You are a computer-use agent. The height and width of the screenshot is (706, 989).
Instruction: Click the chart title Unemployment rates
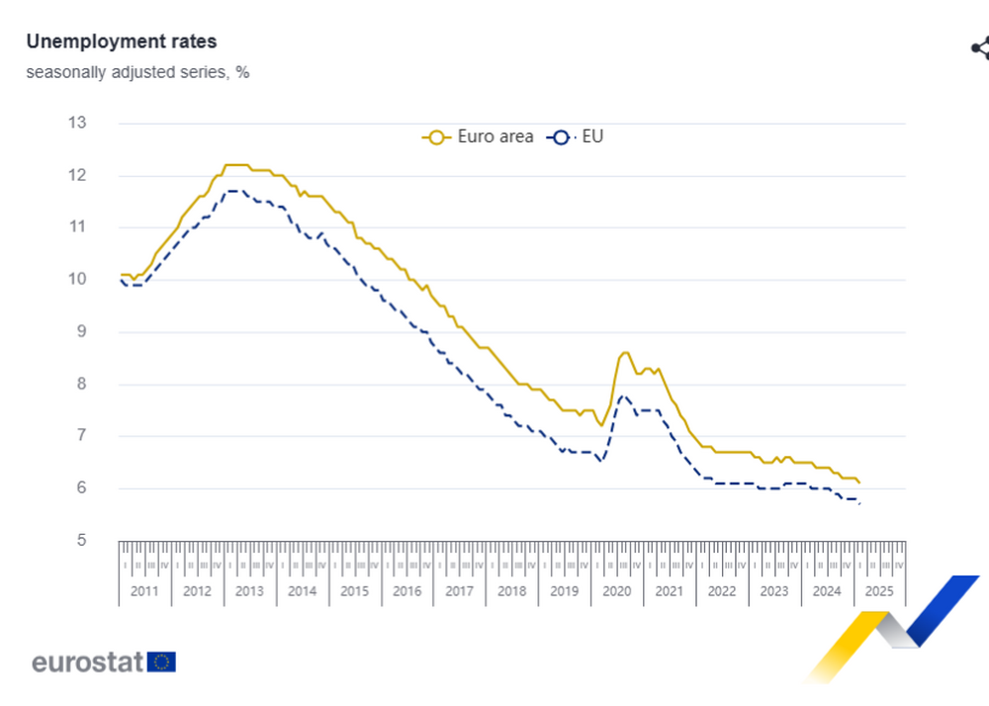point(121,42)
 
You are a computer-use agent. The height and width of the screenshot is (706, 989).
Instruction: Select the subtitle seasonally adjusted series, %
point(137,72)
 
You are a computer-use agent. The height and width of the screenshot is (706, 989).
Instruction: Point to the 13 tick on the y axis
point(76,124)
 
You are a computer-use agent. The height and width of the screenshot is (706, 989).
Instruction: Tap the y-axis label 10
point(76,280)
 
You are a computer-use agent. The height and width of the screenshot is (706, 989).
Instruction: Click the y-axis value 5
point(81,541)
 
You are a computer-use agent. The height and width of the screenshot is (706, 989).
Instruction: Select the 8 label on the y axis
point(81,385)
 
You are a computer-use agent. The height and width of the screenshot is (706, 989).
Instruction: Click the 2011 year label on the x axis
point(144,591)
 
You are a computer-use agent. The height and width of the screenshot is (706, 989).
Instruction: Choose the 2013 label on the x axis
point(249,591)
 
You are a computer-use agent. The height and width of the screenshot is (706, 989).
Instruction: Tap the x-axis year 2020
point(616,591)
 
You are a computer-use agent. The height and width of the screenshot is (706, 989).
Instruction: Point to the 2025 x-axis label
point(878,591)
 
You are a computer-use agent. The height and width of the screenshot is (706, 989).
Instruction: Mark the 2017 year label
point(459,591)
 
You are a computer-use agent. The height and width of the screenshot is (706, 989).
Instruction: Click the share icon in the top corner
point(980,47)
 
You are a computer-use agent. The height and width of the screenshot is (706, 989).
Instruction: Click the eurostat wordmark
point(88,662)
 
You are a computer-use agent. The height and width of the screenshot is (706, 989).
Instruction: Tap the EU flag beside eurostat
point(161,662)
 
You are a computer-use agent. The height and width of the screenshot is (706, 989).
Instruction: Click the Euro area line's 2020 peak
point(625,352)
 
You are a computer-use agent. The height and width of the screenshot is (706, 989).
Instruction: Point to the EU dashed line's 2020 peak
point(623,396)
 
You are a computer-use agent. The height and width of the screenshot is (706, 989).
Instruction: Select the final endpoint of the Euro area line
point(859,483)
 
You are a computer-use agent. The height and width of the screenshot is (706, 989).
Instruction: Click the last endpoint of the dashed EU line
point(859,503)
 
